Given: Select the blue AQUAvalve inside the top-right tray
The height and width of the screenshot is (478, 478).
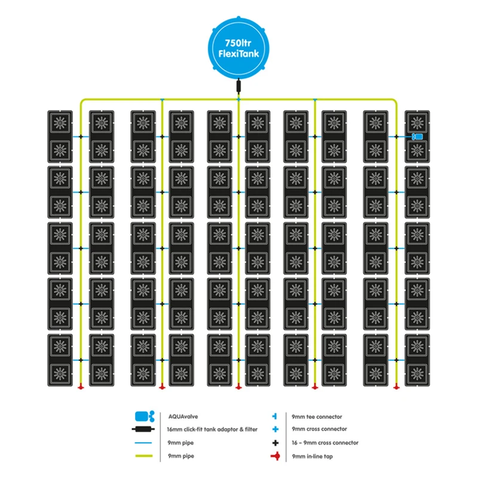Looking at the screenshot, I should [418, 137].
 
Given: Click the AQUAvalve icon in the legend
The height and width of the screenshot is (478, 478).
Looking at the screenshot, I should [143, 416].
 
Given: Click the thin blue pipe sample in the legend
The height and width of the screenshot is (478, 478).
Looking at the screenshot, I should [143, 443].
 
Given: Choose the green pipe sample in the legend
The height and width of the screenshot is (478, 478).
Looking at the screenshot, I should [143, 456].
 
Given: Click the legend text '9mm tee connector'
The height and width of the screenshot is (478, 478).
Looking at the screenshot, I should [317, 416].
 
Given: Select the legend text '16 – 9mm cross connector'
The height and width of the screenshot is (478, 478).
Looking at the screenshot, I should [325, 443].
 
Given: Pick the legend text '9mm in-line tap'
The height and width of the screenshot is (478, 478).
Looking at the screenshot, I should [314, 456].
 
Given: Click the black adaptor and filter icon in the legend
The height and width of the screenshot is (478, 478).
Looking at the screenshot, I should [143, 430].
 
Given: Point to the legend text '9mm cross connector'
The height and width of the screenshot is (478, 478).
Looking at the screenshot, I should [319, 430].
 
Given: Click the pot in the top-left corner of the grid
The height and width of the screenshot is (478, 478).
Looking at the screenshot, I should [59, 123].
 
